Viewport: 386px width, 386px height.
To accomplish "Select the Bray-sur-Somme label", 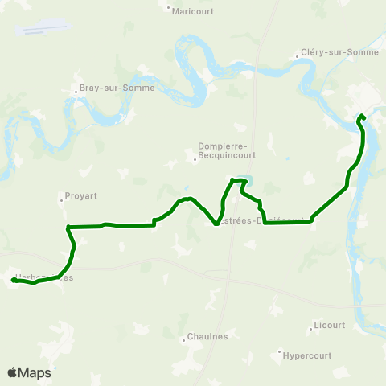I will point(105,88).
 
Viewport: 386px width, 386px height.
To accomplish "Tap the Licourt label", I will point(328,325).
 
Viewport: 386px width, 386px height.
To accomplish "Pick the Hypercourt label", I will point(308,355).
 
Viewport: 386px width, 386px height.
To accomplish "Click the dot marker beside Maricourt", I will point(168,10).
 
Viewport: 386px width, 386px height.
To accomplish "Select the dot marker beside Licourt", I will point(310,326).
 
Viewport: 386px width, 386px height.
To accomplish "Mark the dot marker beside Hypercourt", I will point(280,351).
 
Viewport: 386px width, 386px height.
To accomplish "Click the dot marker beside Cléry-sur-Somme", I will point(298,55).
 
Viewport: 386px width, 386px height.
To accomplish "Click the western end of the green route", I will point(14,280).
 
